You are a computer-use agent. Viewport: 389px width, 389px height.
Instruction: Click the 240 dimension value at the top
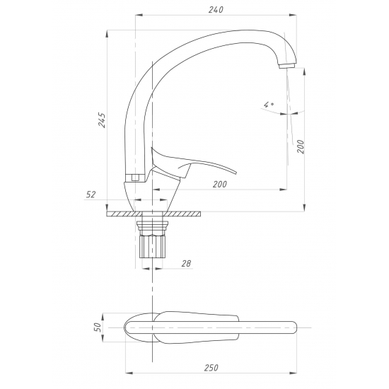tap(216, 9)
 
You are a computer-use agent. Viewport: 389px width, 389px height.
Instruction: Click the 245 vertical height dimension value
tap(102, 120)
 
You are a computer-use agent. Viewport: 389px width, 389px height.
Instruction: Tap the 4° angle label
tap(269, 105)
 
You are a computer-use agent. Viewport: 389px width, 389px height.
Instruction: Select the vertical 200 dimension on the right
tap(301, 146)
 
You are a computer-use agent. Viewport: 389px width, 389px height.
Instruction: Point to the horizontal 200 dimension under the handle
tap(219, 184)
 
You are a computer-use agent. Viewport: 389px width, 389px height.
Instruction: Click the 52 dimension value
tap(91, 194)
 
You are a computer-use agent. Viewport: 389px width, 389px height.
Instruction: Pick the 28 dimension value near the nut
tap(186, 264)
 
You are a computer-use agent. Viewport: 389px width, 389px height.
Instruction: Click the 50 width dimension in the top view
tap(98, 327)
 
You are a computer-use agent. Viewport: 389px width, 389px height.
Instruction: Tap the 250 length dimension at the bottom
tap(211, 368)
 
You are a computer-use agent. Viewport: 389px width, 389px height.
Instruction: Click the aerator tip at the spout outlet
tap(286, 66)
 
